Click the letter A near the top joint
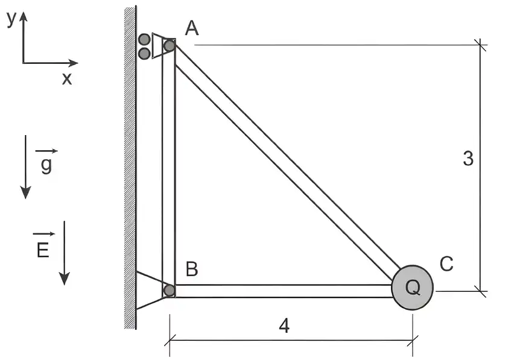point(192,28)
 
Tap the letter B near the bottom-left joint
point(192,269)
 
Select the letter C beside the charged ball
point(446,264)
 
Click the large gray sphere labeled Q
point(412,288)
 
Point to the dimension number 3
point(468,159)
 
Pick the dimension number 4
point(284,326)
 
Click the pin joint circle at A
point(170,45)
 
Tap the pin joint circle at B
point(170,291)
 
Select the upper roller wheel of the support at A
point(144,39)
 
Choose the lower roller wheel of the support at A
point(144,53)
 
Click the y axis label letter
point(11,19)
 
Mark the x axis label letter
point(67,78)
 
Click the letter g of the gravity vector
point(46,165)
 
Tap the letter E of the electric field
point(43,250)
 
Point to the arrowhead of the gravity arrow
point(25,192)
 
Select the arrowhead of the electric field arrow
point(65,279)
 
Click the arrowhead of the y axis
point(23,17)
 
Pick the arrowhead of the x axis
point(73,63)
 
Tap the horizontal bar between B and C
point(284,291)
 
